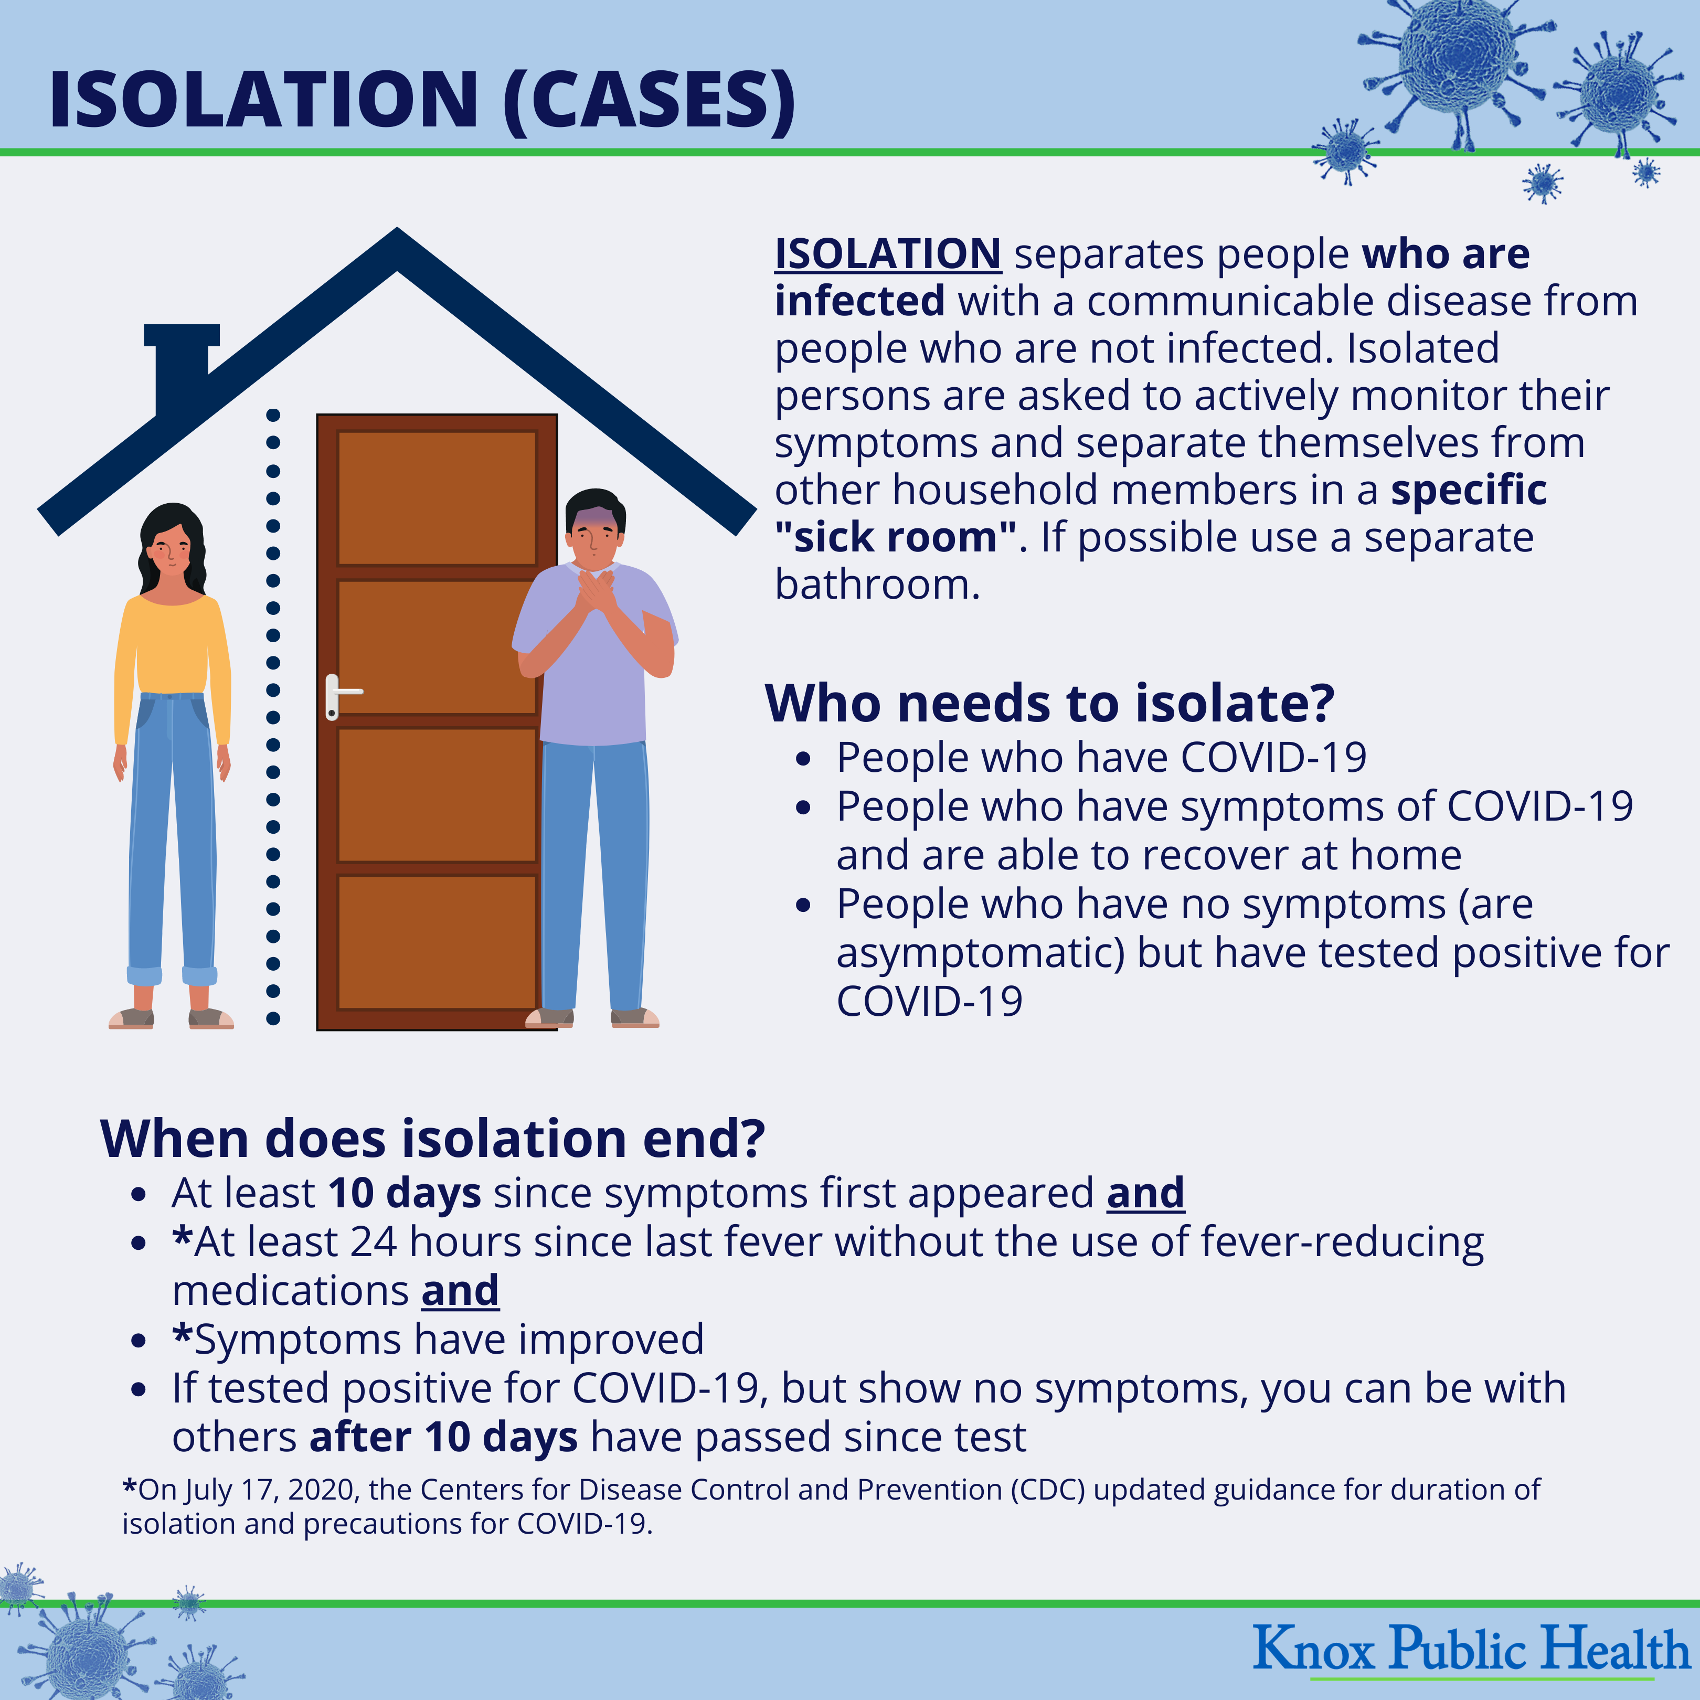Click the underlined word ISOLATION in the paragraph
(x=888, y=254)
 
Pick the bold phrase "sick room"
(x=896, y=537)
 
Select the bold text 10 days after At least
(x=405, y=1194)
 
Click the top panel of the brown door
(x=437, y=498)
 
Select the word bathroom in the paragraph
(x=877, y=585)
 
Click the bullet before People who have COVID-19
(x=802, y=759)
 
